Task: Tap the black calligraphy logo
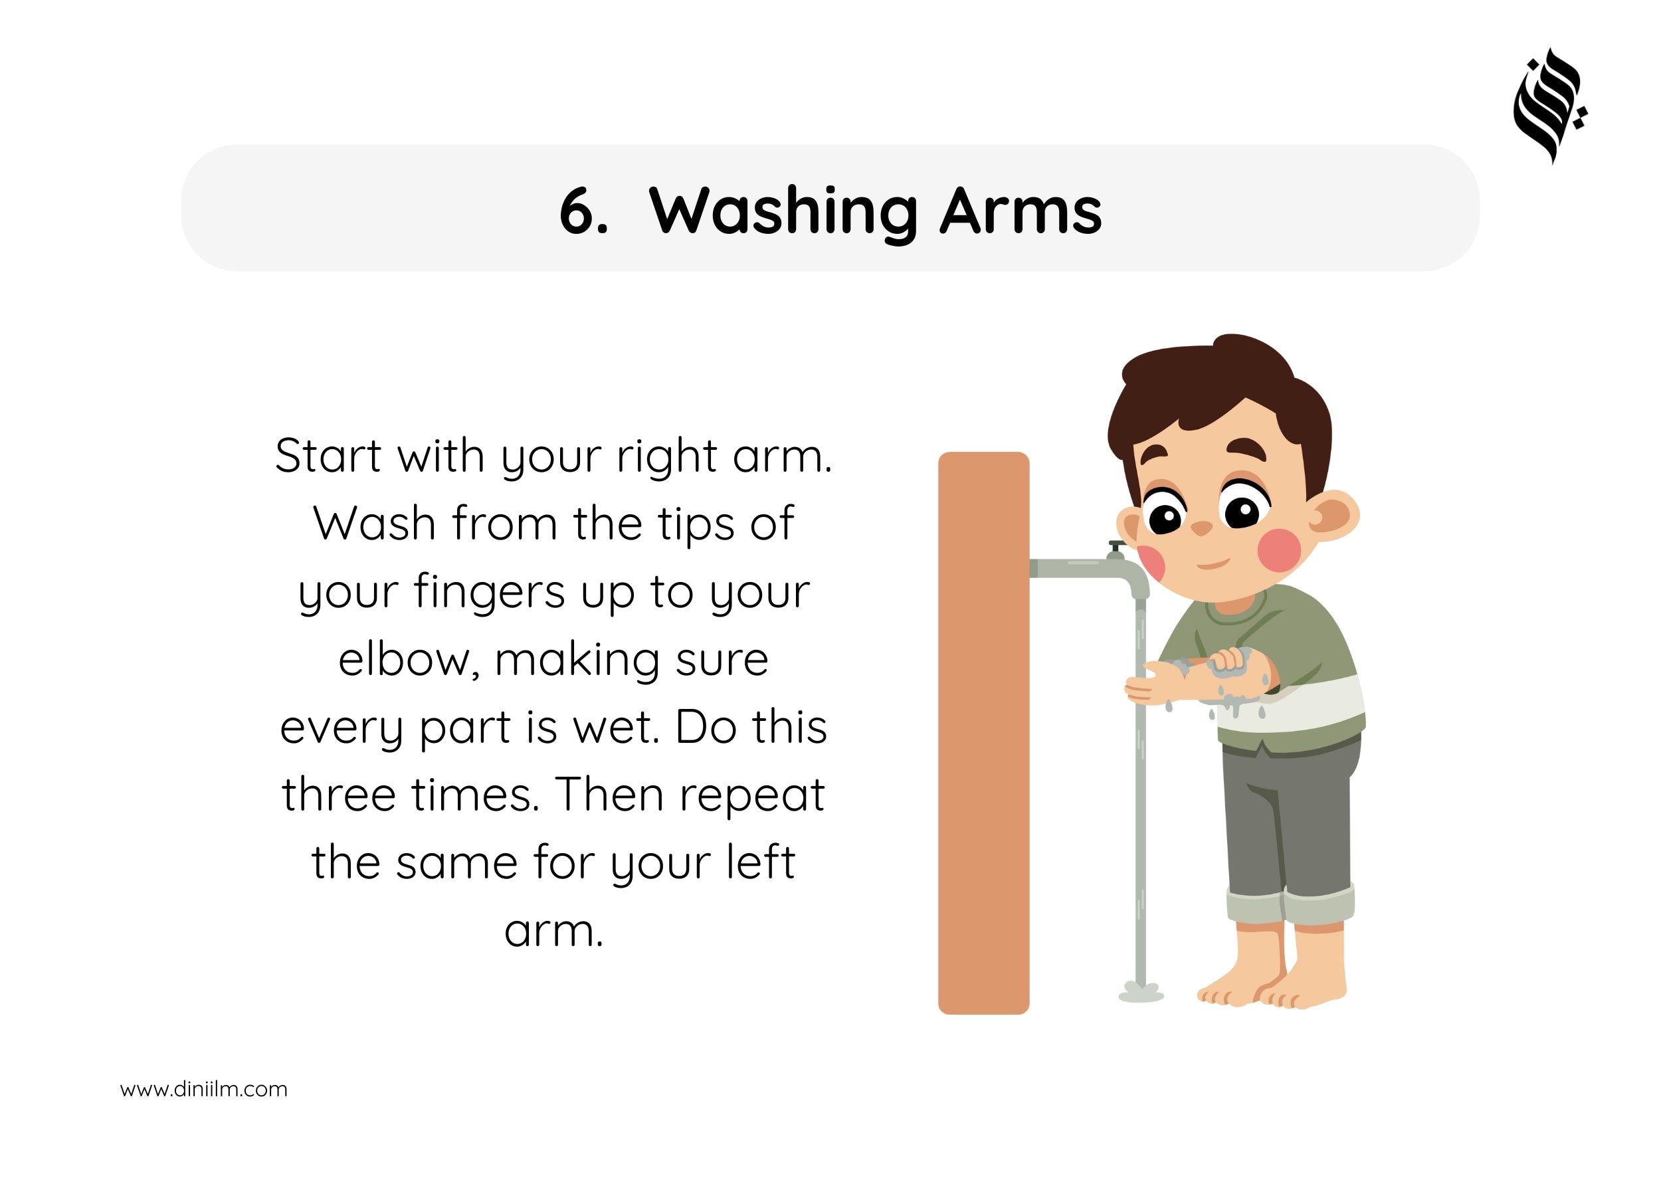pyautogui.click(x=1549, y=106)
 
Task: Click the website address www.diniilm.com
pyautogui.click(x=203, y=1089)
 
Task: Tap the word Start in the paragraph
pyautogui.click(x=328, y=456)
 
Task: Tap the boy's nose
pyautogui.click(x=1201, y=528)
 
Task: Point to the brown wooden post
pyautogui.click(x=983, y=733)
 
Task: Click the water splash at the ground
pyautogui.click(x=1141, y=993)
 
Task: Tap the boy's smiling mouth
pyautogui.click(x=1213, y=563)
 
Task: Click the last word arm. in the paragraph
pyautogui.click(x=553, y=932)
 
